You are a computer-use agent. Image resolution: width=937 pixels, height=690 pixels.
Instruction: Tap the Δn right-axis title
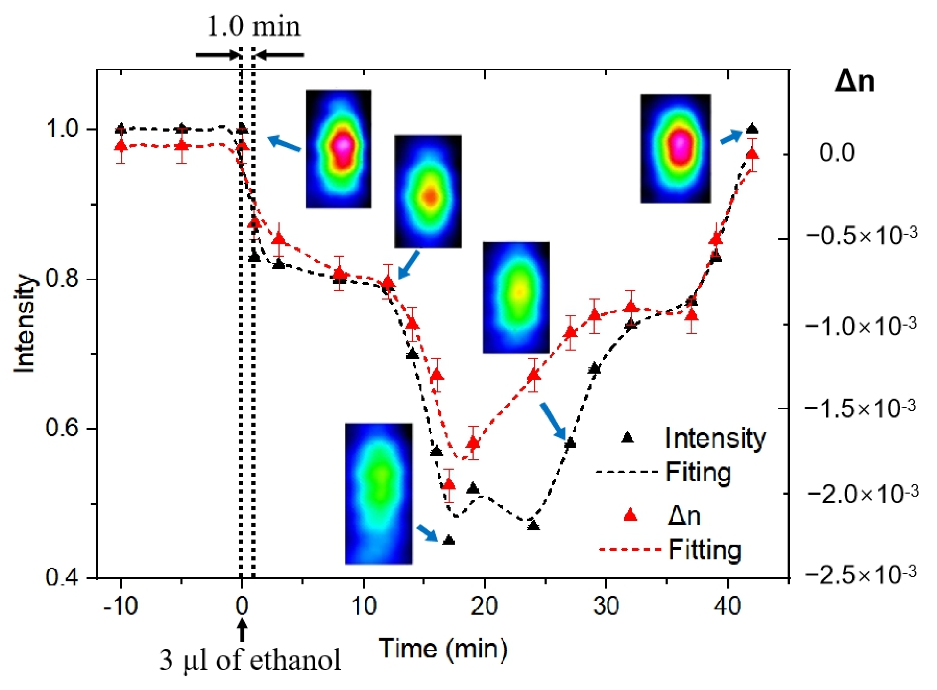pos(854,82)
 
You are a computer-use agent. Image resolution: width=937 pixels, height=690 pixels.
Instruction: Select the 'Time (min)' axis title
pos(443,649)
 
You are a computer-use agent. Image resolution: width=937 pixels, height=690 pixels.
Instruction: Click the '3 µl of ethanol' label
pos(250,661)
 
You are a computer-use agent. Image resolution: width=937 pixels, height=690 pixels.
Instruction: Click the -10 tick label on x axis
pos(121,605)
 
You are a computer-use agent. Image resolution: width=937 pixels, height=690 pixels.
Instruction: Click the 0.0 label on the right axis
pos(837,153)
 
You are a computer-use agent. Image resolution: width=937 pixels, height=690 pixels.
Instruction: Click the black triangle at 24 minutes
pos(533,525)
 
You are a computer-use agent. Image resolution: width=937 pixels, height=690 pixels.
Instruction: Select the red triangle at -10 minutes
pos(121,146)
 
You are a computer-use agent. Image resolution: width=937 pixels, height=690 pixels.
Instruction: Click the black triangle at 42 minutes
pos(752,129)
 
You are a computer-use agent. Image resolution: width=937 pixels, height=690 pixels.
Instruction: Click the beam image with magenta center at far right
pos(675,149)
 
